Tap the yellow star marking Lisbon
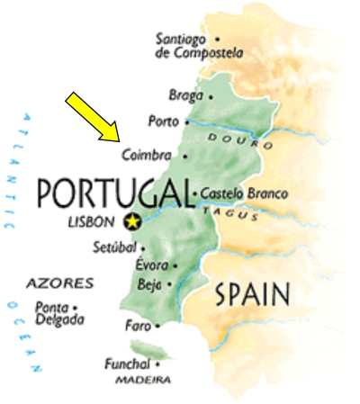click(x=133, y=220)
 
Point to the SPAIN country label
click(x=252, y=294)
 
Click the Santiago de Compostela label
click(x=199, y=46)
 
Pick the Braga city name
click(x=186, y=94)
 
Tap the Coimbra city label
click(x=147, y=155)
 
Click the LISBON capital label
click(x=93, y=221)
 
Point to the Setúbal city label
click(x=114, y=247)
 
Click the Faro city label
click(x=139, y=326)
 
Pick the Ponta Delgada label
click(x=59, y=313)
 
